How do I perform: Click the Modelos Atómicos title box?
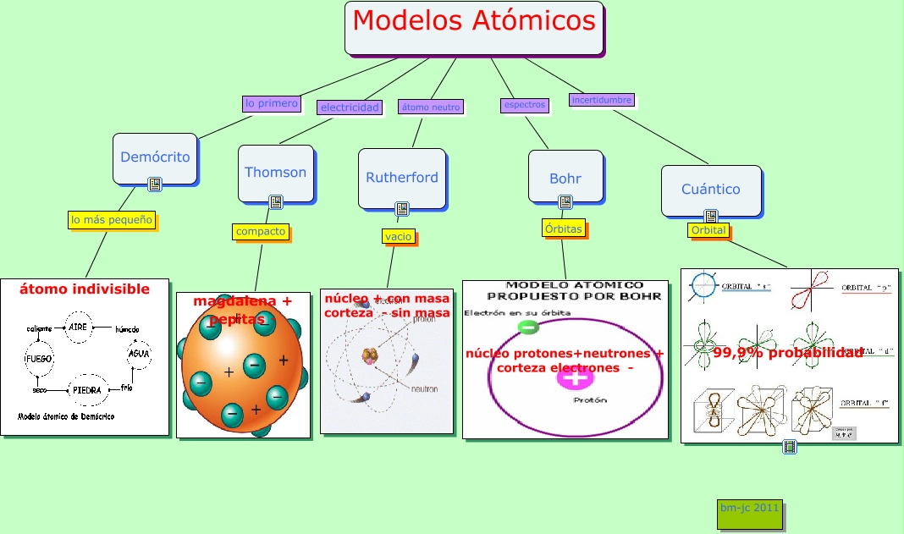474,28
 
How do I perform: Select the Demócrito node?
155,157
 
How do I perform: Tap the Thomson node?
275,173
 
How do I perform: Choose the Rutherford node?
402,178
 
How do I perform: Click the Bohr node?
565,179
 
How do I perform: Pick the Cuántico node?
710,190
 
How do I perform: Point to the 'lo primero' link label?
271,103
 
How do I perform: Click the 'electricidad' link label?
350,107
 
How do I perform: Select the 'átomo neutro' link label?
430,107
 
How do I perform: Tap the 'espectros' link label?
524,105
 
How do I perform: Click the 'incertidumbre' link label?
601,100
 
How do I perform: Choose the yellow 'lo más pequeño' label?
112,220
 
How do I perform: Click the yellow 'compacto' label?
261,231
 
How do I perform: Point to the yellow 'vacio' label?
398,237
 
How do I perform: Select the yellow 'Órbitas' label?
563,228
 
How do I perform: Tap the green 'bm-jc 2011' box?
749,514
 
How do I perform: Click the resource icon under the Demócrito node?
154,184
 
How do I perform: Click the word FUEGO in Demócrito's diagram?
39,359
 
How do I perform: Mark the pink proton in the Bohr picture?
575,377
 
